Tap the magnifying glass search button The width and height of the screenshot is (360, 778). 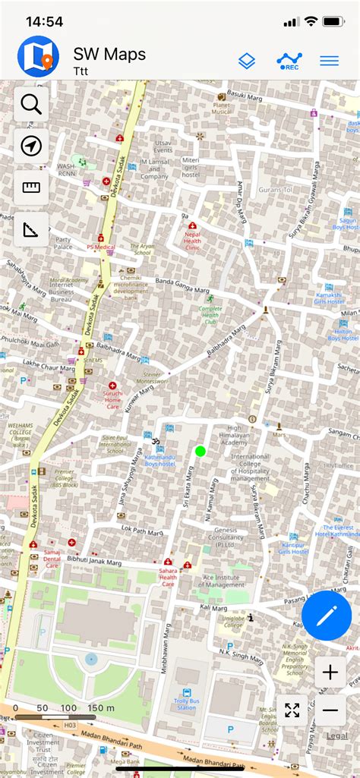tap(31, 105)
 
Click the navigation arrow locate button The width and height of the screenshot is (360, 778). tap(31, 146)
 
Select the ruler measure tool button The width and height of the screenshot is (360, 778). tap(31, 187)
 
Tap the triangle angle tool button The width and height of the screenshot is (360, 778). tap(31, 228)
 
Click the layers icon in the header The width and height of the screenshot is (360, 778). tap(247, 61)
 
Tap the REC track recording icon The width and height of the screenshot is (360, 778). tap(289, 61)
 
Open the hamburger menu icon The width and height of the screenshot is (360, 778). tap(329, 61)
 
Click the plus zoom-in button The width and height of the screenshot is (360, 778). tap(330, 672)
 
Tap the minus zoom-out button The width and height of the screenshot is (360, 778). tap(330, 710)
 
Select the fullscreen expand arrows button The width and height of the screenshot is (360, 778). tap(292, 710)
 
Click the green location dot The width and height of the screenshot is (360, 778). tap(201, 451)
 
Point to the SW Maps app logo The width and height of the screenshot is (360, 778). tap(38, 56)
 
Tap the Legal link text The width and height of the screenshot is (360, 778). tap(336, 735)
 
